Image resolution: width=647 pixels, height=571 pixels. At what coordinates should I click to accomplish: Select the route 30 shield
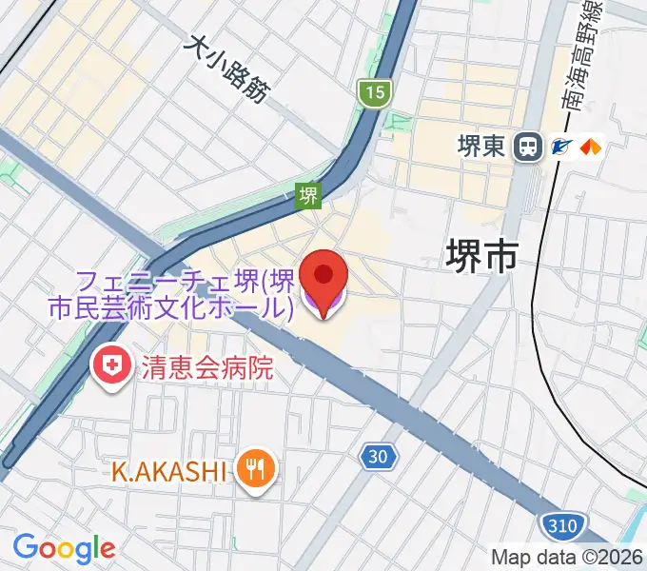[x=378, y=458]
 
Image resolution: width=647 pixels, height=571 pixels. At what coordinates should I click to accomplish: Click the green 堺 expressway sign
[x=307, y=196]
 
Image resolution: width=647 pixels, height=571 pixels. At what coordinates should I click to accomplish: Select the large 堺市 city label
[x=483, y=256]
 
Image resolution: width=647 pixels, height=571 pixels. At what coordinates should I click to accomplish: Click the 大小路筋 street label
[x=229, y=69]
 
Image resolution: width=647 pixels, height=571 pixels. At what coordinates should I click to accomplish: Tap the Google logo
[x=64, y=547]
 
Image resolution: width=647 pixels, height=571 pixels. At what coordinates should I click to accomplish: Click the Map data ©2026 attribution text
[x=567, y=557]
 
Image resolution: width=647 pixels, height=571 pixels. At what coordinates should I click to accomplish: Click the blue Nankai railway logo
[x=562, y=147]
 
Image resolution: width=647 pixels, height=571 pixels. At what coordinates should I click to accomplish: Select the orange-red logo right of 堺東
[x=591, y=147]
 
